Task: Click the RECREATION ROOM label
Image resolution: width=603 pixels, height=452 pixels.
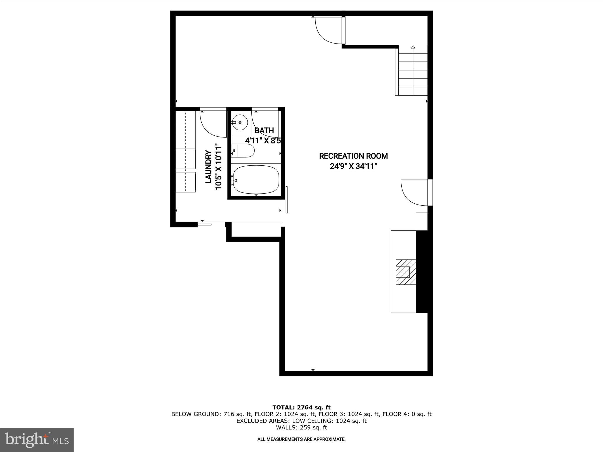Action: tap(353, 156)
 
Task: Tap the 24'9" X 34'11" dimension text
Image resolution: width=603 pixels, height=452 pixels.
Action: tap(353, 167)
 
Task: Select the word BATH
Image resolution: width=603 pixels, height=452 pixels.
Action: tap(264, 130)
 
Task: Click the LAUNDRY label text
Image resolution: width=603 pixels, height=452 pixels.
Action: tap(208, 167)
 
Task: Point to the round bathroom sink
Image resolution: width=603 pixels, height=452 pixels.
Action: tap(240, 122)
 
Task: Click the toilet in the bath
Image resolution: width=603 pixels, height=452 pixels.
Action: tap(244, 151)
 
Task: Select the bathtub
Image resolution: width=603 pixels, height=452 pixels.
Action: tap(256, 180)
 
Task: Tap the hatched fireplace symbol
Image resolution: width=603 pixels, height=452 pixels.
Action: tap(405, 272)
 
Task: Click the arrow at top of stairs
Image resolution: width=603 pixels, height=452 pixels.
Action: tap(413, 47)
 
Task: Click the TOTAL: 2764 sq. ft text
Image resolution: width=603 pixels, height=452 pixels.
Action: tap(301, 407)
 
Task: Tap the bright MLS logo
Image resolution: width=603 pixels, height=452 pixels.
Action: tap(37, 440)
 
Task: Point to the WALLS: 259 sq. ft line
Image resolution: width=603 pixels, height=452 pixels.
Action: tap(301, 428)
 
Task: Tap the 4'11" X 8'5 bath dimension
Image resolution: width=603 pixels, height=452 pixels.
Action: tap(263, 141)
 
